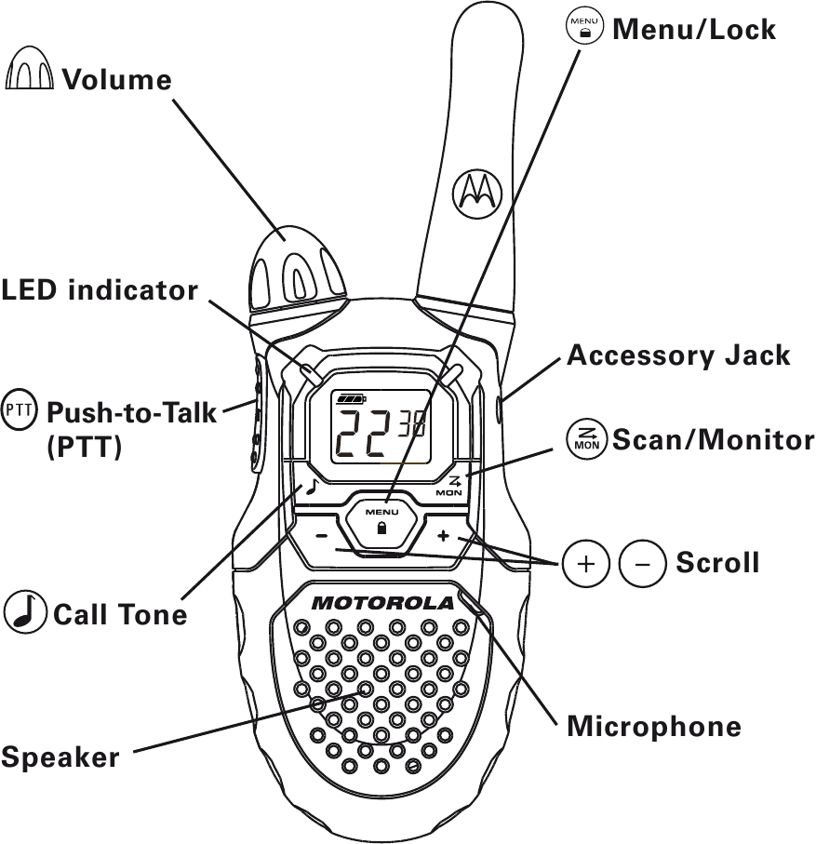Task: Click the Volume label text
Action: (117, 80)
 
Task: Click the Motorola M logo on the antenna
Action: (475, 191)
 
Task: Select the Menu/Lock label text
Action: (693, 30)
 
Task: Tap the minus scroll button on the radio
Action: (321, 536)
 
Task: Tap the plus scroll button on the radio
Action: (443, 536)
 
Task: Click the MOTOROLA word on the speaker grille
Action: (382, 603)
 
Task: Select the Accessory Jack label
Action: (678, 355)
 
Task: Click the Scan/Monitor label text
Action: (713, 439)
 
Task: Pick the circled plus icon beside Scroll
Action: (586, 563)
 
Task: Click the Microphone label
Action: (654, 727)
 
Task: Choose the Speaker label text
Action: (60, 757)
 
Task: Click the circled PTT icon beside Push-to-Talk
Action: (20, 409)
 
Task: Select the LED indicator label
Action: (100, 290)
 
